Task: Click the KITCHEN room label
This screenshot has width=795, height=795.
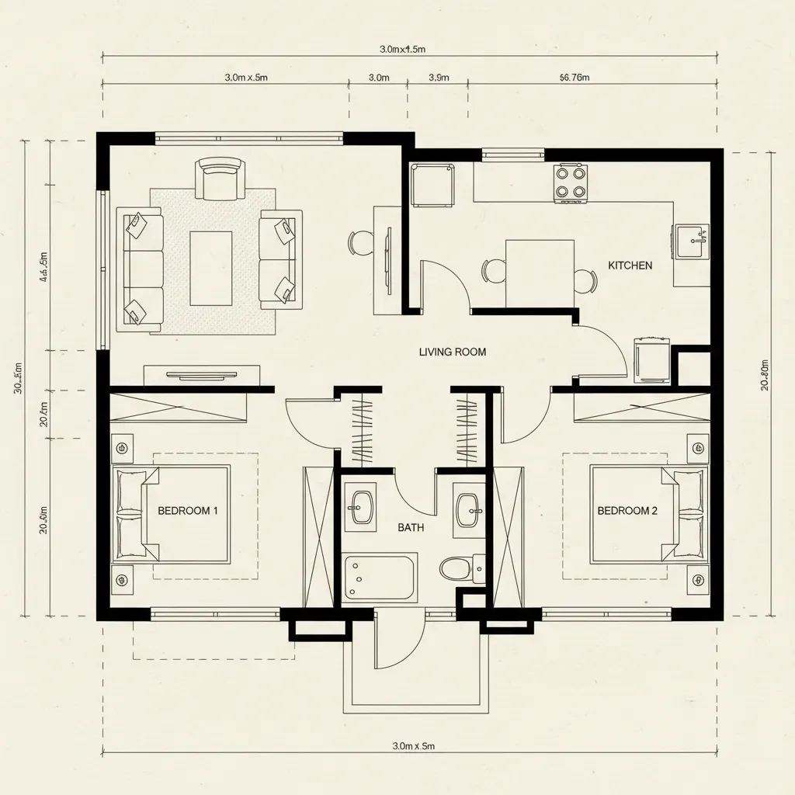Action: tap(630, 266)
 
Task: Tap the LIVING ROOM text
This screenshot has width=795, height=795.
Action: tap(453, 352)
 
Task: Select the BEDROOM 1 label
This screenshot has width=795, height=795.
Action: tap(188, 511)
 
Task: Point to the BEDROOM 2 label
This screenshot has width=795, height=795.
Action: tap(627, 511)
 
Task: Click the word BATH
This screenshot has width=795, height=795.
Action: tap(411, 528)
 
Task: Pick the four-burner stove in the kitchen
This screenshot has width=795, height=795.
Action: tap(571, 183)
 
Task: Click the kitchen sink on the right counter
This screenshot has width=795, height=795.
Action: tap(691, 241)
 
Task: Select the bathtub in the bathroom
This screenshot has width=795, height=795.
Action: tap(379, 577)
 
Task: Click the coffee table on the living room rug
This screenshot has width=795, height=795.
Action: tap(211, 268)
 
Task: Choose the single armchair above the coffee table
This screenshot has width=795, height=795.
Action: tap(221, 179)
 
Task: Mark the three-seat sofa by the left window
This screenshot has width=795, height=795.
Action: tap(141, 266)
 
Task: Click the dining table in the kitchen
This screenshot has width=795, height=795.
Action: tap(540, 273)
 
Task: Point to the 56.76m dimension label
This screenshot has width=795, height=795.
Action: tap(575, 78)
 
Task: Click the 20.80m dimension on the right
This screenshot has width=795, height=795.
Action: tap(765, 375)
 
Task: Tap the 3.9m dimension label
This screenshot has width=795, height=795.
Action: tap(439, 78)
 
